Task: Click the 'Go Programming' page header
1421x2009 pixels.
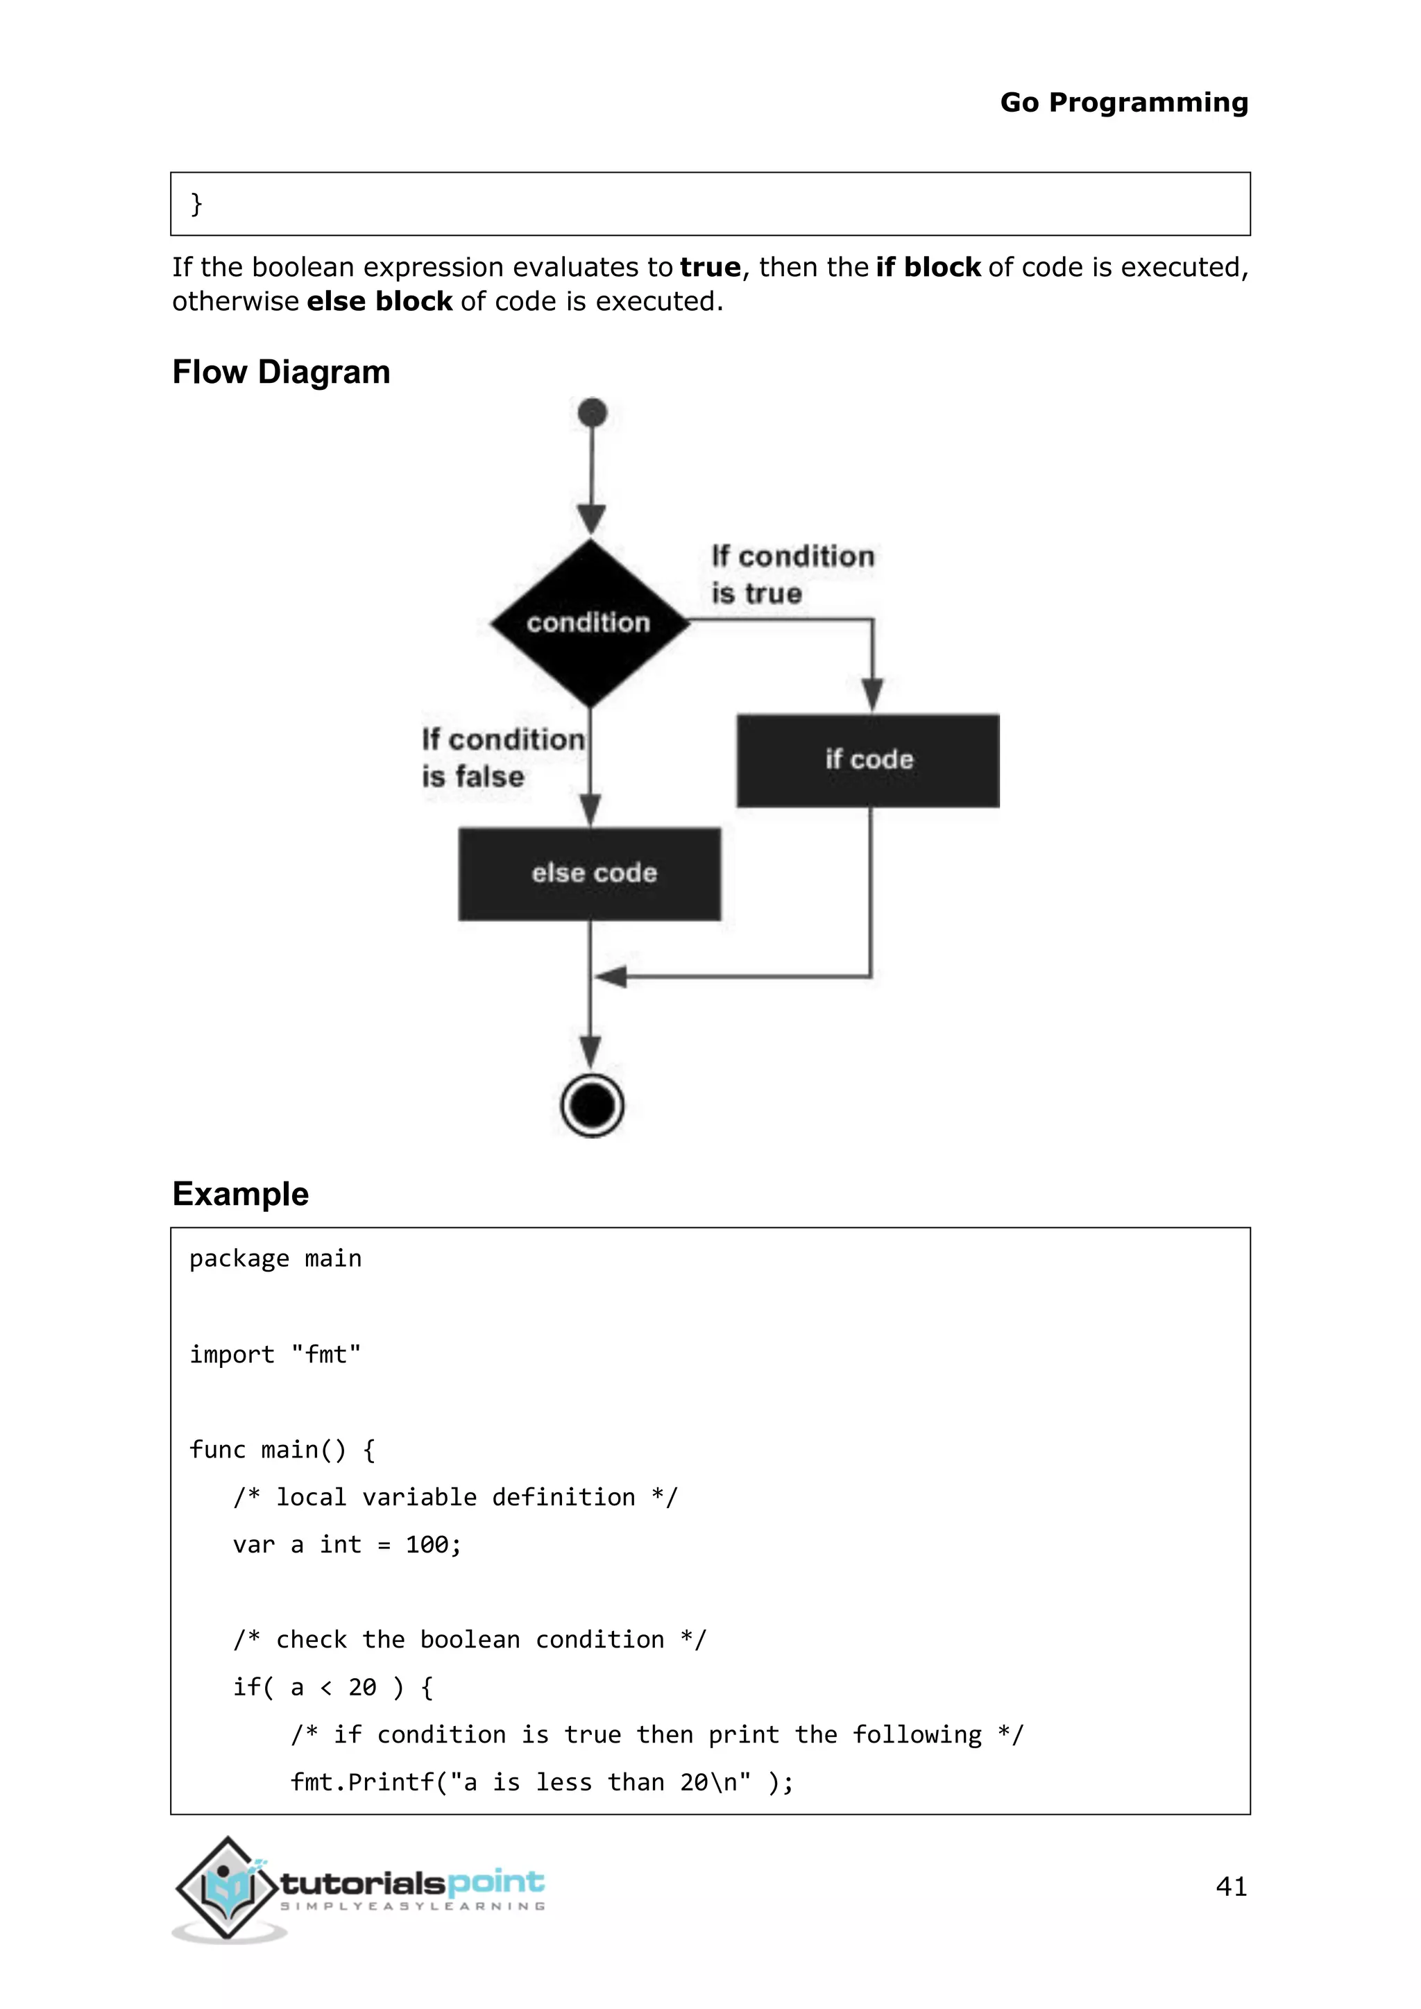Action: coord(1123,103)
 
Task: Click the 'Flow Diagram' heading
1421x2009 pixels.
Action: coord(281,372)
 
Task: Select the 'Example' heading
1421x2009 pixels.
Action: coord(240,1193)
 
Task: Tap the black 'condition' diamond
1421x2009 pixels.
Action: coord(590,622)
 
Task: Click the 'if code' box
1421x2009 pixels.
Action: coord(868,760)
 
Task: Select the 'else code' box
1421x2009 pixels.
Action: coord(590,873)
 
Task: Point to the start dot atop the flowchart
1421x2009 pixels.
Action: coord(593,412)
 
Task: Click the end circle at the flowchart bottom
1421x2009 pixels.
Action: coord(593,1105)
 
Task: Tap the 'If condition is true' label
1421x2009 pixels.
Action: coord(791,574)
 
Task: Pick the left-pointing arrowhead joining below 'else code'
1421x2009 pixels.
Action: coord(611,977)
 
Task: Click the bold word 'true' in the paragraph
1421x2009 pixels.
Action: coord(710,267)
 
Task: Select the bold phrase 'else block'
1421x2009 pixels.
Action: coord(379,301)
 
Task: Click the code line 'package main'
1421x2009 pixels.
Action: coord(275,1258)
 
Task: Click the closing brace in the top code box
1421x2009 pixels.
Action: coord(196,204)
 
